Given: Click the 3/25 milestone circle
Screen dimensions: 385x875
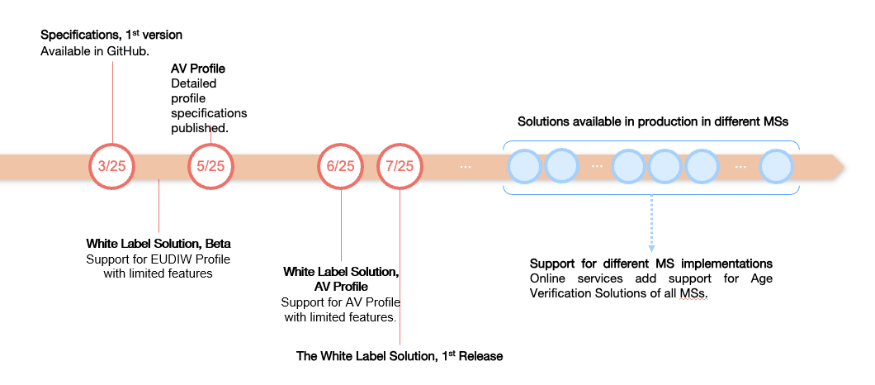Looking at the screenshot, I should pos(111,166).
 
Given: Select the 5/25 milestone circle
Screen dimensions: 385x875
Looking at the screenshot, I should pos(211,166).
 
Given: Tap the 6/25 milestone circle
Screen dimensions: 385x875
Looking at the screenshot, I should pos(341,166).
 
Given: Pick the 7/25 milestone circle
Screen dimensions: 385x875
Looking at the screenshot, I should pos(400,166).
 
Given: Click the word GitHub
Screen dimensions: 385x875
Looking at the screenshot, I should pos(125,51).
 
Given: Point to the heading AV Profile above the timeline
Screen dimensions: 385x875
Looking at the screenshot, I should pos(197,68).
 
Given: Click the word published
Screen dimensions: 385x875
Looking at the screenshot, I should pos(199,128).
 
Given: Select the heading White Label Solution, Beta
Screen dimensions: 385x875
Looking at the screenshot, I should pos(158,244).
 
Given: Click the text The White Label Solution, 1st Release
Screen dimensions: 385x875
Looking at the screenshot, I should pos(400,356).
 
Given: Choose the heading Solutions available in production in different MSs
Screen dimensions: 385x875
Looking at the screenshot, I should pos(653,121).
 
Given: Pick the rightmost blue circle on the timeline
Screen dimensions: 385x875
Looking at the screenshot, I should pos(776,166).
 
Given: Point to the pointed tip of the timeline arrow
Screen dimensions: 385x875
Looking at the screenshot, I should pos(844,166).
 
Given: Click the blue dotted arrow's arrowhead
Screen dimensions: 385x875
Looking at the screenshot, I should pos(651,248).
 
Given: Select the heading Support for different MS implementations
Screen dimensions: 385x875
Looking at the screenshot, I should pos(651,264).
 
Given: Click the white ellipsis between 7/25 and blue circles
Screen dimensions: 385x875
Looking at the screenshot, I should pos(466,166).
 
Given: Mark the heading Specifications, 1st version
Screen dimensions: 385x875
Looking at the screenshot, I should pos(111,35).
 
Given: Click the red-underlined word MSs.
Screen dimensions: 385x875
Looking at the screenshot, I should pos(694,293).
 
